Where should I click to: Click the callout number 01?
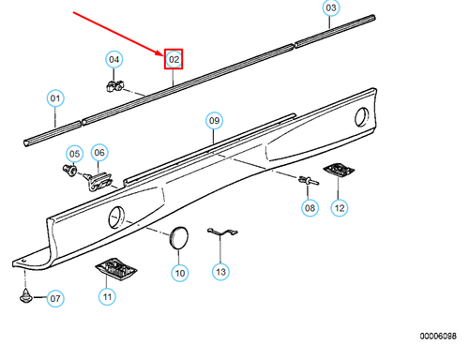click(x=55, y=98)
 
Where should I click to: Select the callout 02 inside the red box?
click(x=174, y=59)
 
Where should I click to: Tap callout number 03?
click(x=331, y=7)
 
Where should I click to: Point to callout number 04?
click(x=113, y=59)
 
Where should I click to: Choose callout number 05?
click(x=74, y=154)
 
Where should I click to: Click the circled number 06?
click(x=99, y=153)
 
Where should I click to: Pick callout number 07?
click(x=55, y=298)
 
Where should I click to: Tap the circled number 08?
click(x=310, y=208)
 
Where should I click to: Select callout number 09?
click(x=214, y=121)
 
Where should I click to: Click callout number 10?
click(x=180, y=273)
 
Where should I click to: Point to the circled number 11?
click(x=107, y=296)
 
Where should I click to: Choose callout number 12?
click(x=340, y=208)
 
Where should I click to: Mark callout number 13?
click(x=220, y=272)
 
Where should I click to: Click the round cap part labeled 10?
click(x=178, y=238)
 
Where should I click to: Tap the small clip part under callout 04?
click(x=114, y=85)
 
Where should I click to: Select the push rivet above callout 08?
click(x=309, y=180)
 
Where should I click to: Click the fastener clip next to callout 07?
click(x=26, y=295)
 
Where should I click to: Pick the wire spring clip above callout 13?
click(x=222, y=232)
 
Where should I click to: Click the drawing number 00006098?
click(x=438, y=337)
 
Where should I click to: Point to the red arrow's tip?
click(x=163, y=55)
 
